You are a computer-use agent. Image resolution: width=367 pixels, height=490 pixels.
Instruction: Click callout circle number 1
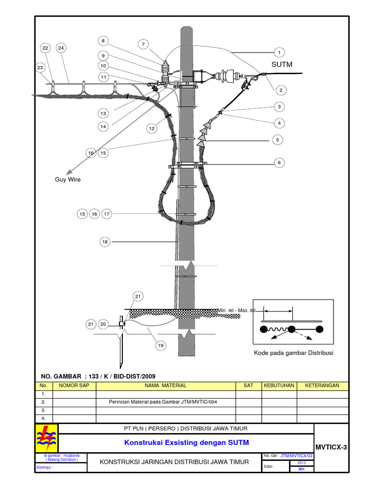[279, 52]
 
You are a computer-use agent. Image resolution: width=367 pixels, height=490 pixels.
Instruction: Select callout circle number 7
[143, 45]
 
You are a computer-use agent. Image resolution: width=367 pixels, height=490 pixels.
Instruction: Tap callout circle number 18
[105, 242]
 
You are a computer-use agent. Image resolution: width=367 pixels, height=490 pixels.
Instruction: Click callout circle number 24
[62, 48]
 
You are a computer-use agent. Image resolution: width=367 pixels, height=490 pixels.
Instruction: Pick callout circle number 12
[151, 128]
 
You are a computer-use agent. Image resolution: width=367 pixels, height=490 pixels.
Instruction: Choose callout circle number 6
[279, 163]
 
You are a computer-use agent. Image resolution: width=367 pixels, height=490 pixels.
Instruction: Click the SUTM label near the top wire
[281, 64]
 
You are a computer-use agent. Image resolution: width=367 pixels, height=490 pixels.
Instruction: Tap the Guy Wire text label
[67, 179]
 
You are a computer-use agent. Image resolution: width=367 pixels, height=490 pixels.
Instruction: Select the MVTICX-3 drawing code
[330, 447]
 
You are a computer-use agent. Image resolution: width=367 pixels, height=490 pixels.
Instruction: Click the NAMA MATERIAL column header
[166, 385]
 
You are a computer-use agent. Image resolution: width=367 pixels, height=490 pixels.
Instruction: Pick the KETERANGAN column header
[322, 385]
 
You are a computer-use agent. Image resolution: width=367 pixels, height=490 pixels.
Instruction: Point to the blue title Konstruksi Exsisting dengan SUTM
[186, 443]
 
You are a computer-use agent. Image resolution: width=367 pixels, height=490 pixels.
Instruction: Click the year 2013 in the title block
[301, 463]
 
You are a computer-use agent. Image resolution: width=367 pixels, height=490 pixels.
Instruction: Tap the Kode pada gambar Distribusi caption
[293, 353]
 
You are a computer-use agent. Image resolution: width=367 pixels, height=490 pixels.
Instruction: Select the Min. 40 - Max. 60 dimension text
[237, 311]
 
